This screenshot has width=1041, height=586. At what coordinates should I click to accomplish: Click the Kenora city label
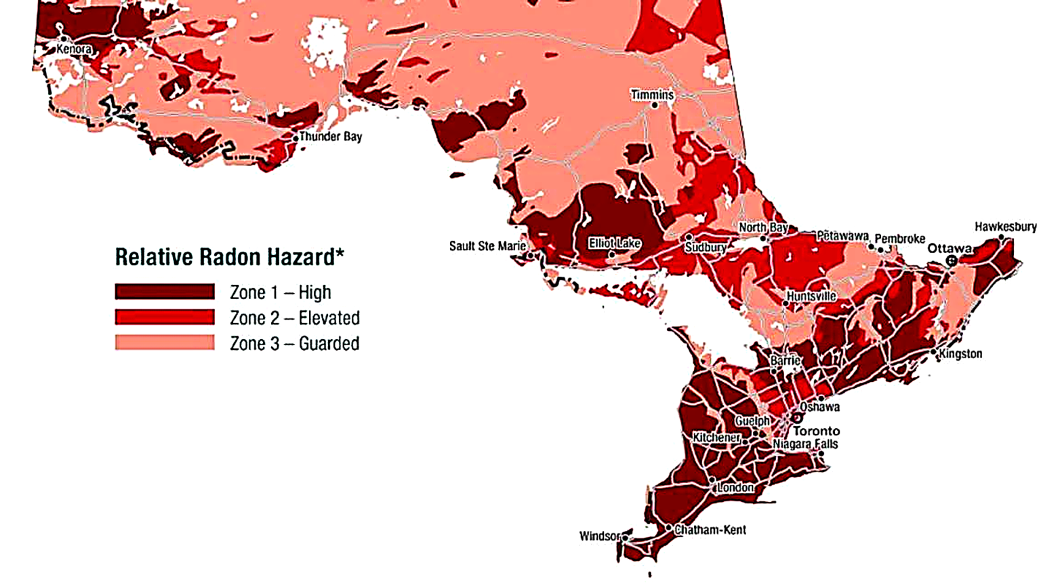coord(74,50)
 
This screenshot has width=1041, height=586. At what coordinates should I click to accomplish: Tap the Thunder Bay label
coord(331,137)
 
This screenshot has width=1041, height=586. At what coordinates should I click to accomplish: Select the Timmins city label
coord(652,95)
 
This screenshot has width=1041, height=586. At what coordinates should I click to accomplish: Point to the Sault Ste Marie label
coord(487,246)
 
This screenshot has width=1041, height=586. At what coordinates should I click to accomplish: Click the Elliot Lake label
coord(614,243)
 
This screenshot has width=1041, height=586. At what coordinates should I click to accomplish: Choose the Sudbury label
coord(705,248)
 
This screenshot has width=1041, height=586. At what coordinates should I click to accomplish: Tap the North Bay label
coord(762,228)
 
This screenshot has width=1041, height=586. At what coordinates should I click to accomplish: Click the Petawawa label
coord(842,236)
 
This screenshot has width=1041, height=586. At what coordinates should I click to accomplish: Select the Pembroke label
coord(899,239)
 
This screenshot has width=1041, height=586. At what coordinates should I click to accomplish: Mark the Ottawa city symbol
coord(952,260)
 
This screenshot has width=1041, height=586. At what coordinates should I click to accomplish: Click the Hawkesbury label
coord(1005,227)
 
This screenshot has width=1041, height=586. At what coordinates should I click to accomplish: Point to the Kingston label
coord(960,354)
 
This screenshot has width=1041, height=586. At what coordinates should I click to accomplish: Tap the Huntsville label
coord(811,297)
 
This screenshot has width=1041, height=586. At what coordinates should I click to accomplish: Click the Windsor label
coord(599,536)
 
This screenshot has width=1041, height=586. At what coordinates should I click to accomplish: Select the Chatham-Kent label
coord(710,530)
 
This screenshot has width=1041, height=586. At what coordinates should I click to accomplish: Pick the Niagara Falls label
coord(805,444)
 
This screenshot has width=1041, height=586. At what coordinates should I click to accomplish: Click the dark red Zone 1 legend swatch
coord(165,292)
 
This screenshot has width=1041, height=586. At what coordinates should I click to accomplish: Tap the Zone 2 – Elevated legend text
coord(294,318)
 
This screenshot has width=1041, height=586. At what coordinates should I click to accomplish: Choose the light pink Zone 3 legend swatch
coord(165,343)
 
